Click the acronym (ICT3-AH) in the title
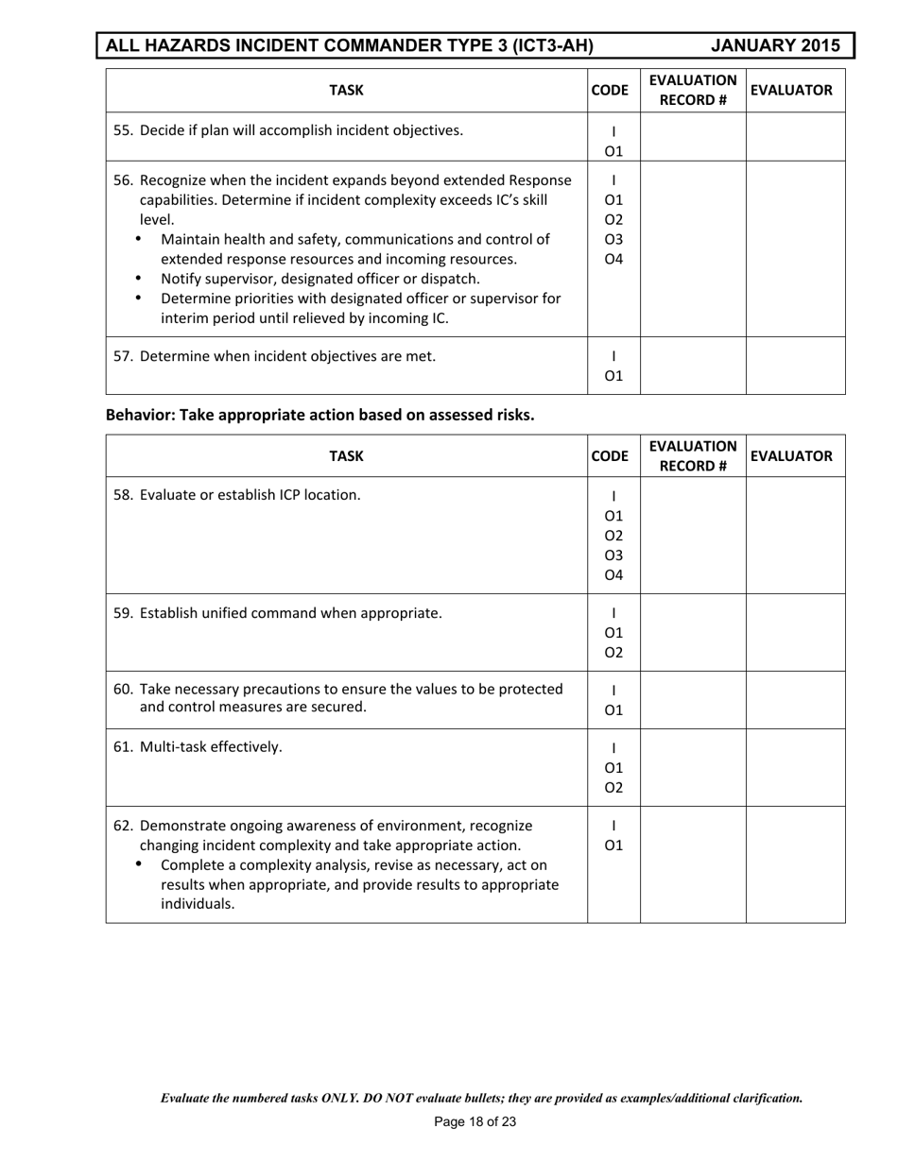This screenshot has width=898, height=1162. [539, 45]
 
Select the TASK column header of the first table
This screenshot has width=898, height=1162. [346, 91]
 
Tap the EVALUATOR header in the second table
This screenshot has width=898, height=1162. [795, 456]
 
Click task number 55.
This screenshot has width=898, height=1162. [124, 130]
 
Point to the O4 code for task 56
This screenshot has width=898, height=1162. [613, 259]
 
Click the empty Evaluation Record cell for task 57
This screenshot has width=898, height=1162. [693, 366]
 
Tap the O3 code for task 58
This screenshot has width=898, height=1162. [613, 555]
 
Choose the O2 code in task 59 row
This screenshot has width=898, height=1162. [613, 652]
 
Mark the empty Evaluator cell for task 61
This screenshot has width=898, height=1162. [795, 767]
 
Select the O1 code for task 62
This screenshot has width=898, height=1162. [613, 846]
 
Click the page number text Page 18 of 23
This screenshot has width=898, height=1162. [475, 1123]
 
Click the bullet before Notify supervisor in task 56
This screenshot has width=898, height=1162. [141, 279]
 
